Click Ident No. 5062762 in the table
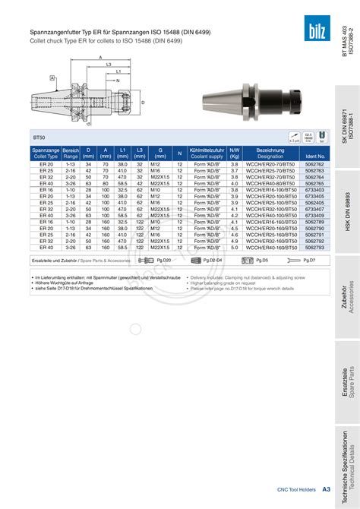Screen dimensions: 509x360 click(x=314, y=164)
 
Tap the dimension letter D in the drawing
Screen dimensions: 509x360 click(x=142, y=101)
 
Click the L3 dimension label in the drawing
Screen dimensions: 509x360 click(x=109, y=65)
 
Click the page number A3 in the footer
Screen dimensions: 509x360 click(x=326, y=490)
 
